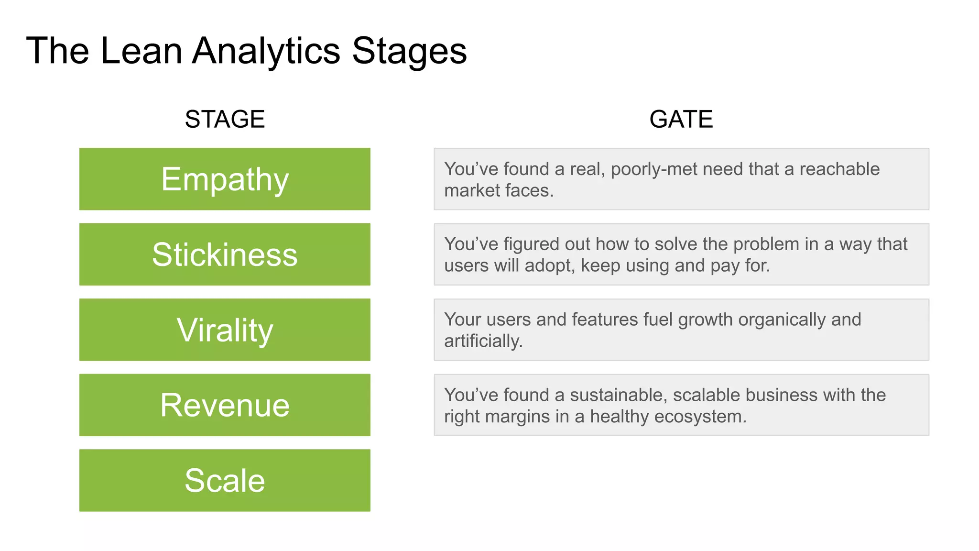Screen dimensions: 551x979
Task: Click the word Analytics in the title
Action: [x=266, y=51]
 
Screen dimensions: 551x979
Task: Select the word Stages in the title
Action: [x=409, y=51]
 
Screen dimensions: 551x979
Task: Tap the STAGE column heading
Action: [x=225, y=119]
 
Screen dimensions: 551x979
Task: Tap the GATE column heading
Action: [x=681, y=119]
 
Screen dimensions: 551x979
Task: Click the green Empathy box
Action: [x=225, y=179]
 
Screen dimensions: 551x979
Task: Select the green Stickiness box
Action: [x=225, y=254]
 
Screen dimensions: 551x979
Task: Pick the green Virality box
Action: [x=225, y=330]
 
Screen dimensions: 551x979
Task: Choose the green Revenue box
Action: [x=225, y=405]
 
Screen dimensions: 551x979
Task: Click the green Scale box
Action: [x=225, y=480]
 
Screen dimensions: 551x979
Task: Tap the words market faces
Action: [x=499, y=190]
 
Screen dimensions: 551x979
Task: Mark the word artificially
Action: [x=483, y=341]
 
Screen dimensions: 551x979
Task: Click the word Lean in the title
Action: [x=141, y=51]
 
